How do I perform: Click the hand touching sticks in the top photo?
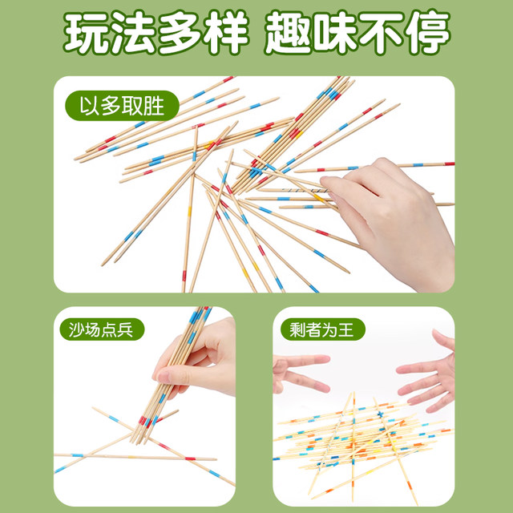393,216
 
